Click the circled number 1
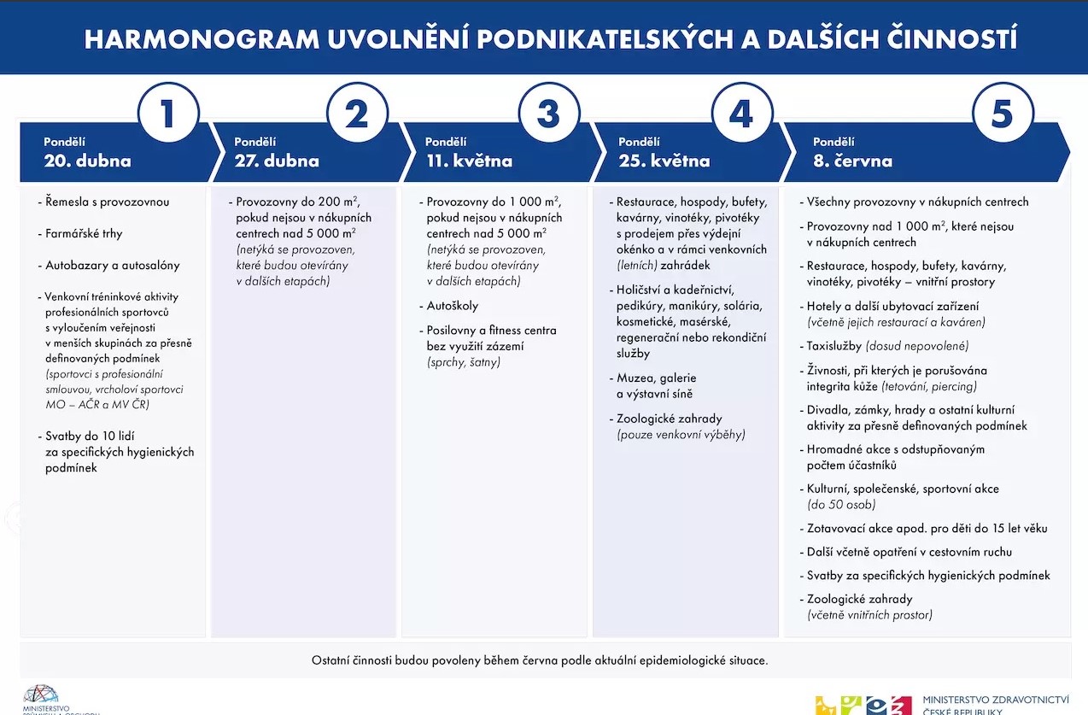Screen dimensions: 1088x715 click(x=168, y=113)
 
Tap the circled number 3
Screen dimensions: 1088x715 click(x=549, y=113)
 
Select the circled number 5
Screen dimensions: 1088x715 click(x=1003, y=113)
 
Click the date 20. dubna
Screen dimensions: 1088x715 click(x=87, y=161)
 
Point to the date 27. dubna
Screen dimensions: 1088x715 click(x=277, y=161)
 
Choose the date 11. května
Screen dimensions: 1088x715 click(x=469, y=161)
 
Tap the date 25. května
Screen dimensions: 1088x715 click(x=664, y=161)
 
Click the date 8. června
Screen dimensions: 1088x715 click(x=853, y=161)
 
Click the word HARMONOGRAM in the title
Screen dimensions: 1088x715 click(x=202, y=39)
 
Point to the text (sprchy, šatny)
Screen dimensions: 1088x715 click(x=464, y=362)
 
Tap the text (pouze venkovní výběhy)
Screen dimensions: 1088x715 click(x=681, y=434)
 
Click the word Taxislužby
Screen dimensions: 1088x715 click(x=834, y=346)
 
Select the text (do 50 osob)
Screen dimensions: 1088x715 click(x=841, y=505)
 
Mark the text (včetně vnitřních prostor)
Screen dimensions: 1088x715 click(x=870, y=615)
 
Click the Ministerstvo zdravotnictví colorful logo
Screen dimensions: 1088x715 click(x=863, y=705)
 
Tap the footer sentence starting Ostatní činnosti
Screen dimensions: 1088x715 click(x=540, y=660)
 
